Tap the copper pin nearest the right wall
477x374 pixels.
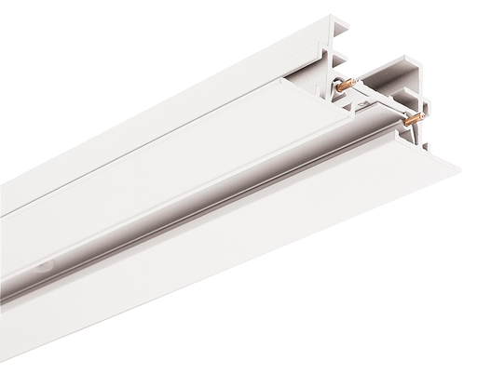tap(414, 122)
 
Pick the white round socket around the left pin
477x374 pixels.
tap(344, 94)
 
